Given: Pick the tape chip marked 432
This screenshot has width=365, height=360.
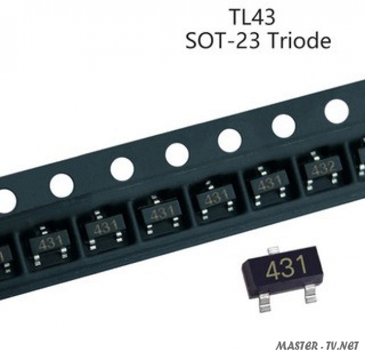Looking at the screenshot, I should coord(323,168).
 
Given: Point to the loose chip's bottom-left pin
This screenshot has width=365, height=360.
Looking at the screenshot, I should coord(264,303).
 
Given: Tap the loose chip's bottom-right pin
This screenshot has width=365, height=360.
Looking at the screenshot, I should coord(310,294).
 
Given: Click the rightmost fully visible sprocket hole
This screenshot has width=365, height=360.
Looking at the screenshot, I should coord(336,111).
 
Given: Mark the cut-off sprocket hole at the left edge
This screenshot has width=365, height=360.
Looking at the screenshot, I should coord(6,200).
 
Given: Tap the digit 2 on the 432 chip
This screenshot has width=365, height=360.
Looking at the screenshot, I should coord(332,166).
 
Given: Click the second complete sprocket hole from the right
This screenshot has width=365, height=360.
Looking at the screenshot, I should coord(284,126).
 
